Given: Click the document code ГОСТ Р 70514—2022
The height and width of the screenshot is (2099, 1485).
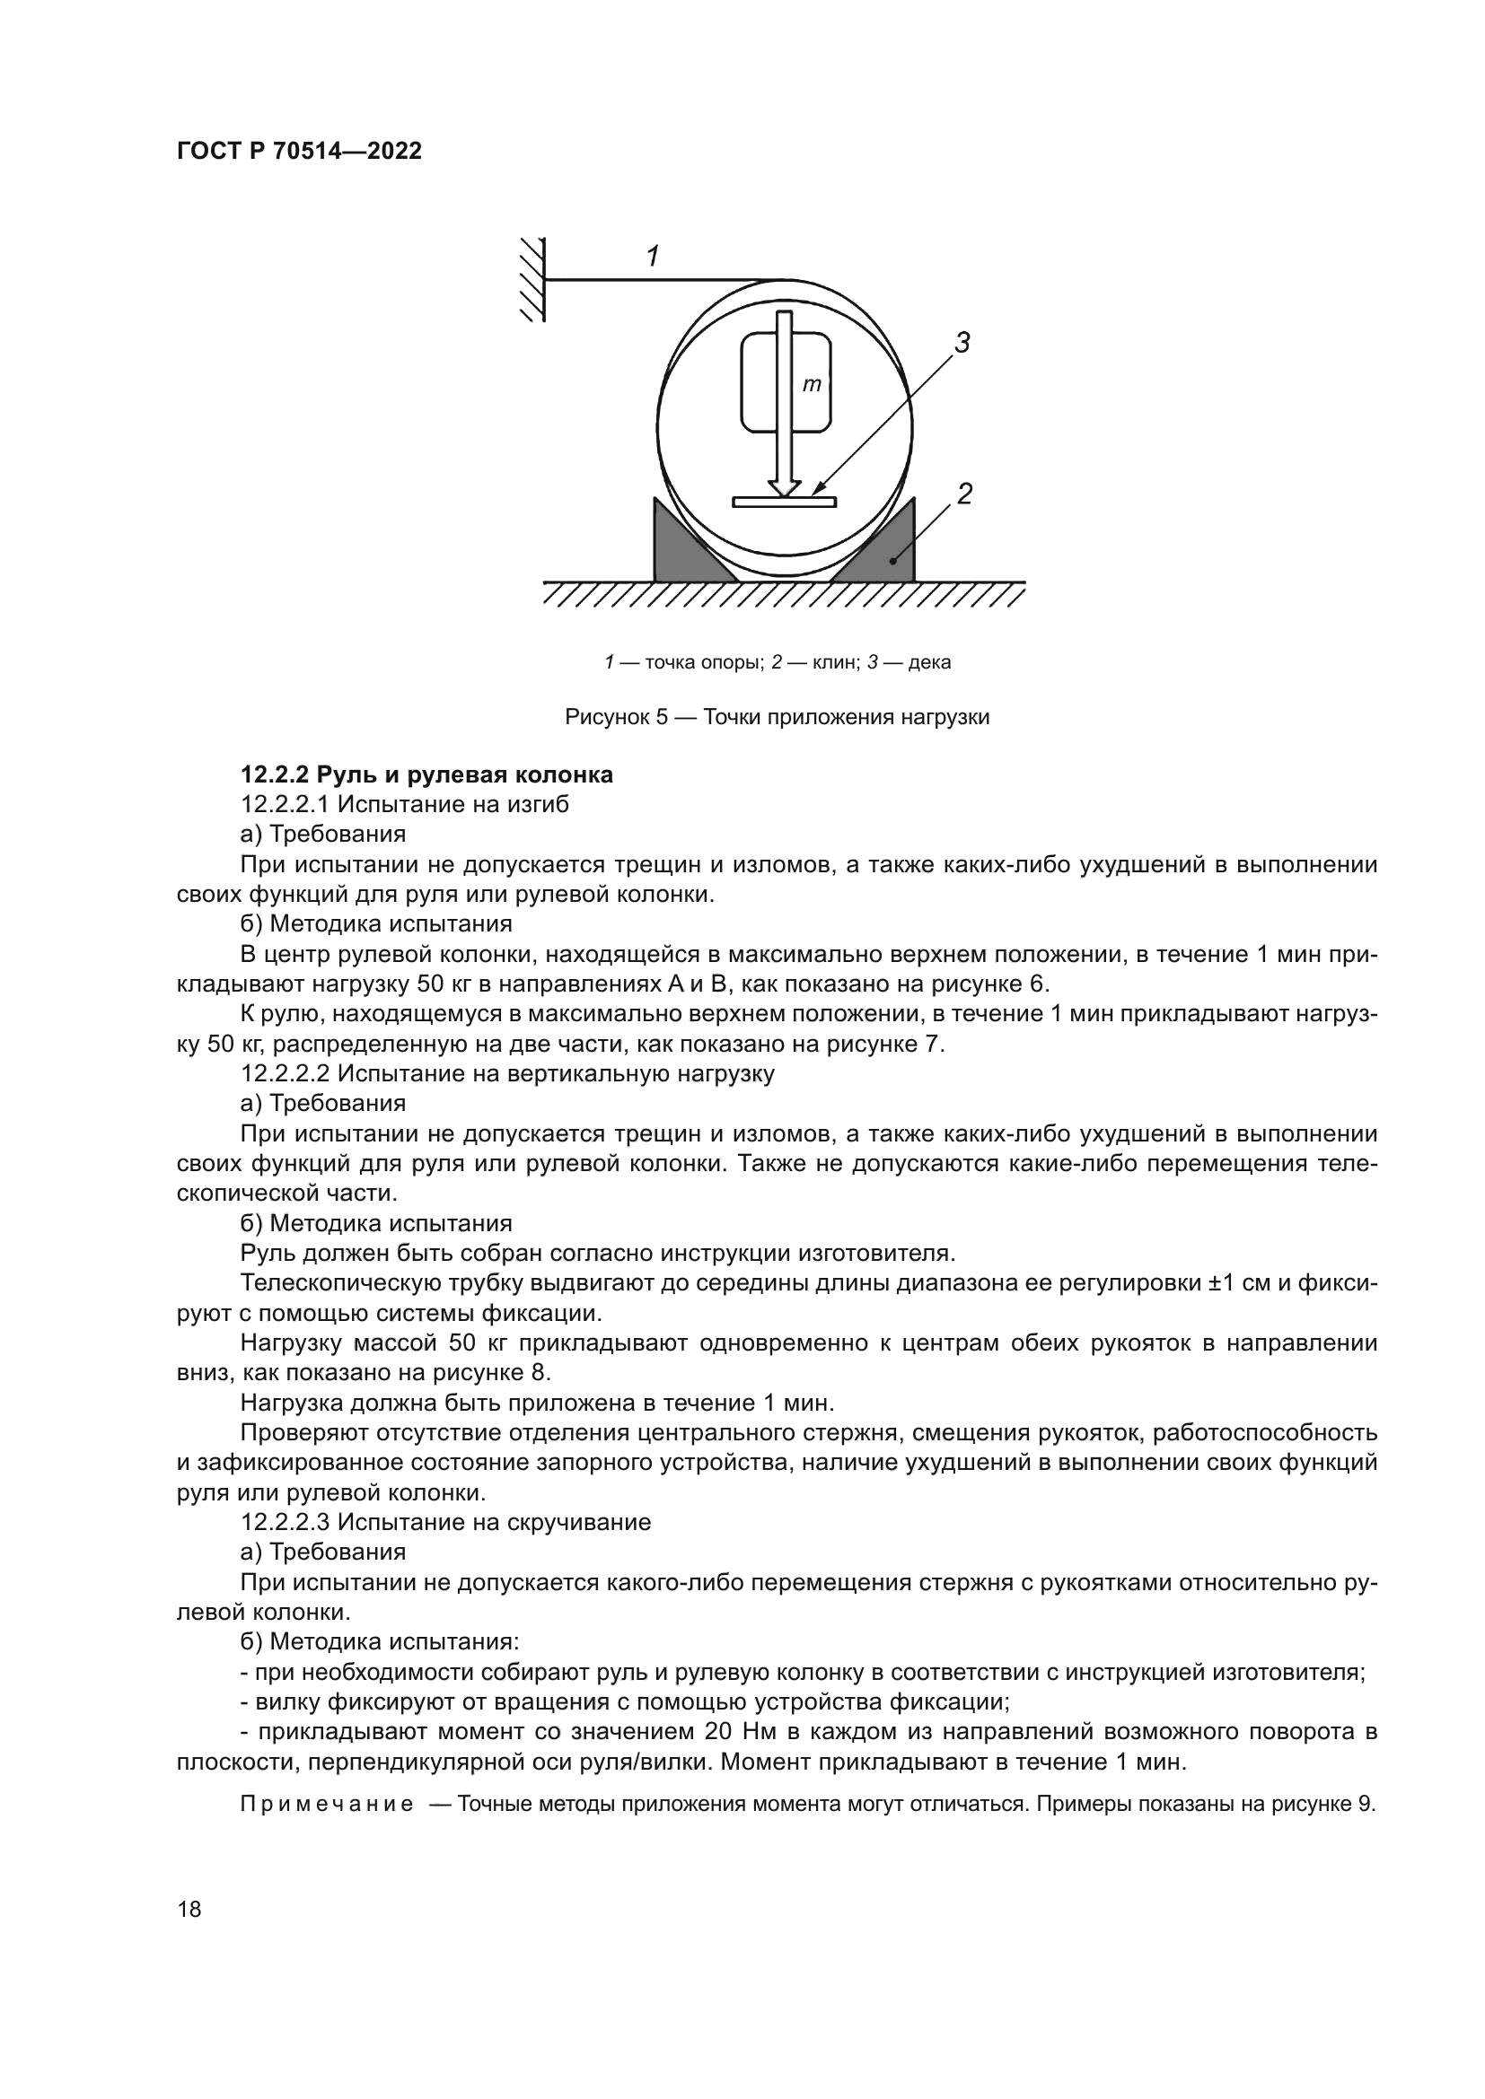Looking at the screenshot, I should [299, 151].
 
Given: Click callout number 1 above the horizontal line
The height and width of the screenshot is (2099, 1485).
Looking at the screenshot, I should [653, 257].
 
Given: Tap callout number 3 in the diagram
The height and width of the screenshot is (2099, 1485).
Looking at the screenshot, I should [962, 343].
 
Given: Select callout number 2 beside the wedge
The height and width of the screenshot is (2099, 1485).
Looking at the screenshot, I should [963, 494].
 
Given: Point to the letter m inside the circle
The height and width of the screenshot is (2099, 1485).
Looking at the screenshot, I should [811, 385].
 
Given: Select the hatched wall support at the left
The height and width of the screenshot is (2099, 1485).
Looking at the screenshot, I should [532, 279].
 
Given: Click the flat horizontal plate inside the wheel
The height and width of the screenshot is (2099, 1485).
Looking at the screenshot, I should [784, 502].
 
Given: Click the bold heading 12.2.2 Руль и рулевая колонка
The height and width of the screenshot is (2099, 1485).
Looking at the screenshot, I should [426, 775].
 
